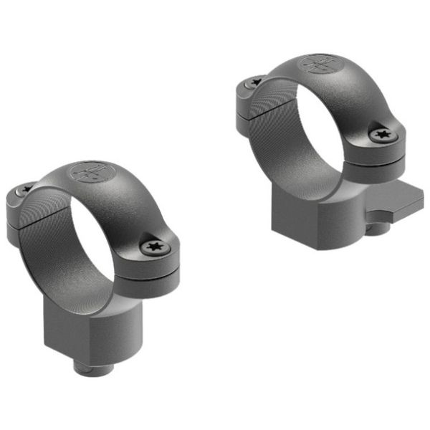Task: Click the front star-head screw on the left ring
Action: (x=153, y=248)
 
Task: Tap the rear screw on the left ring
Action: (x=26, y=189)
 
